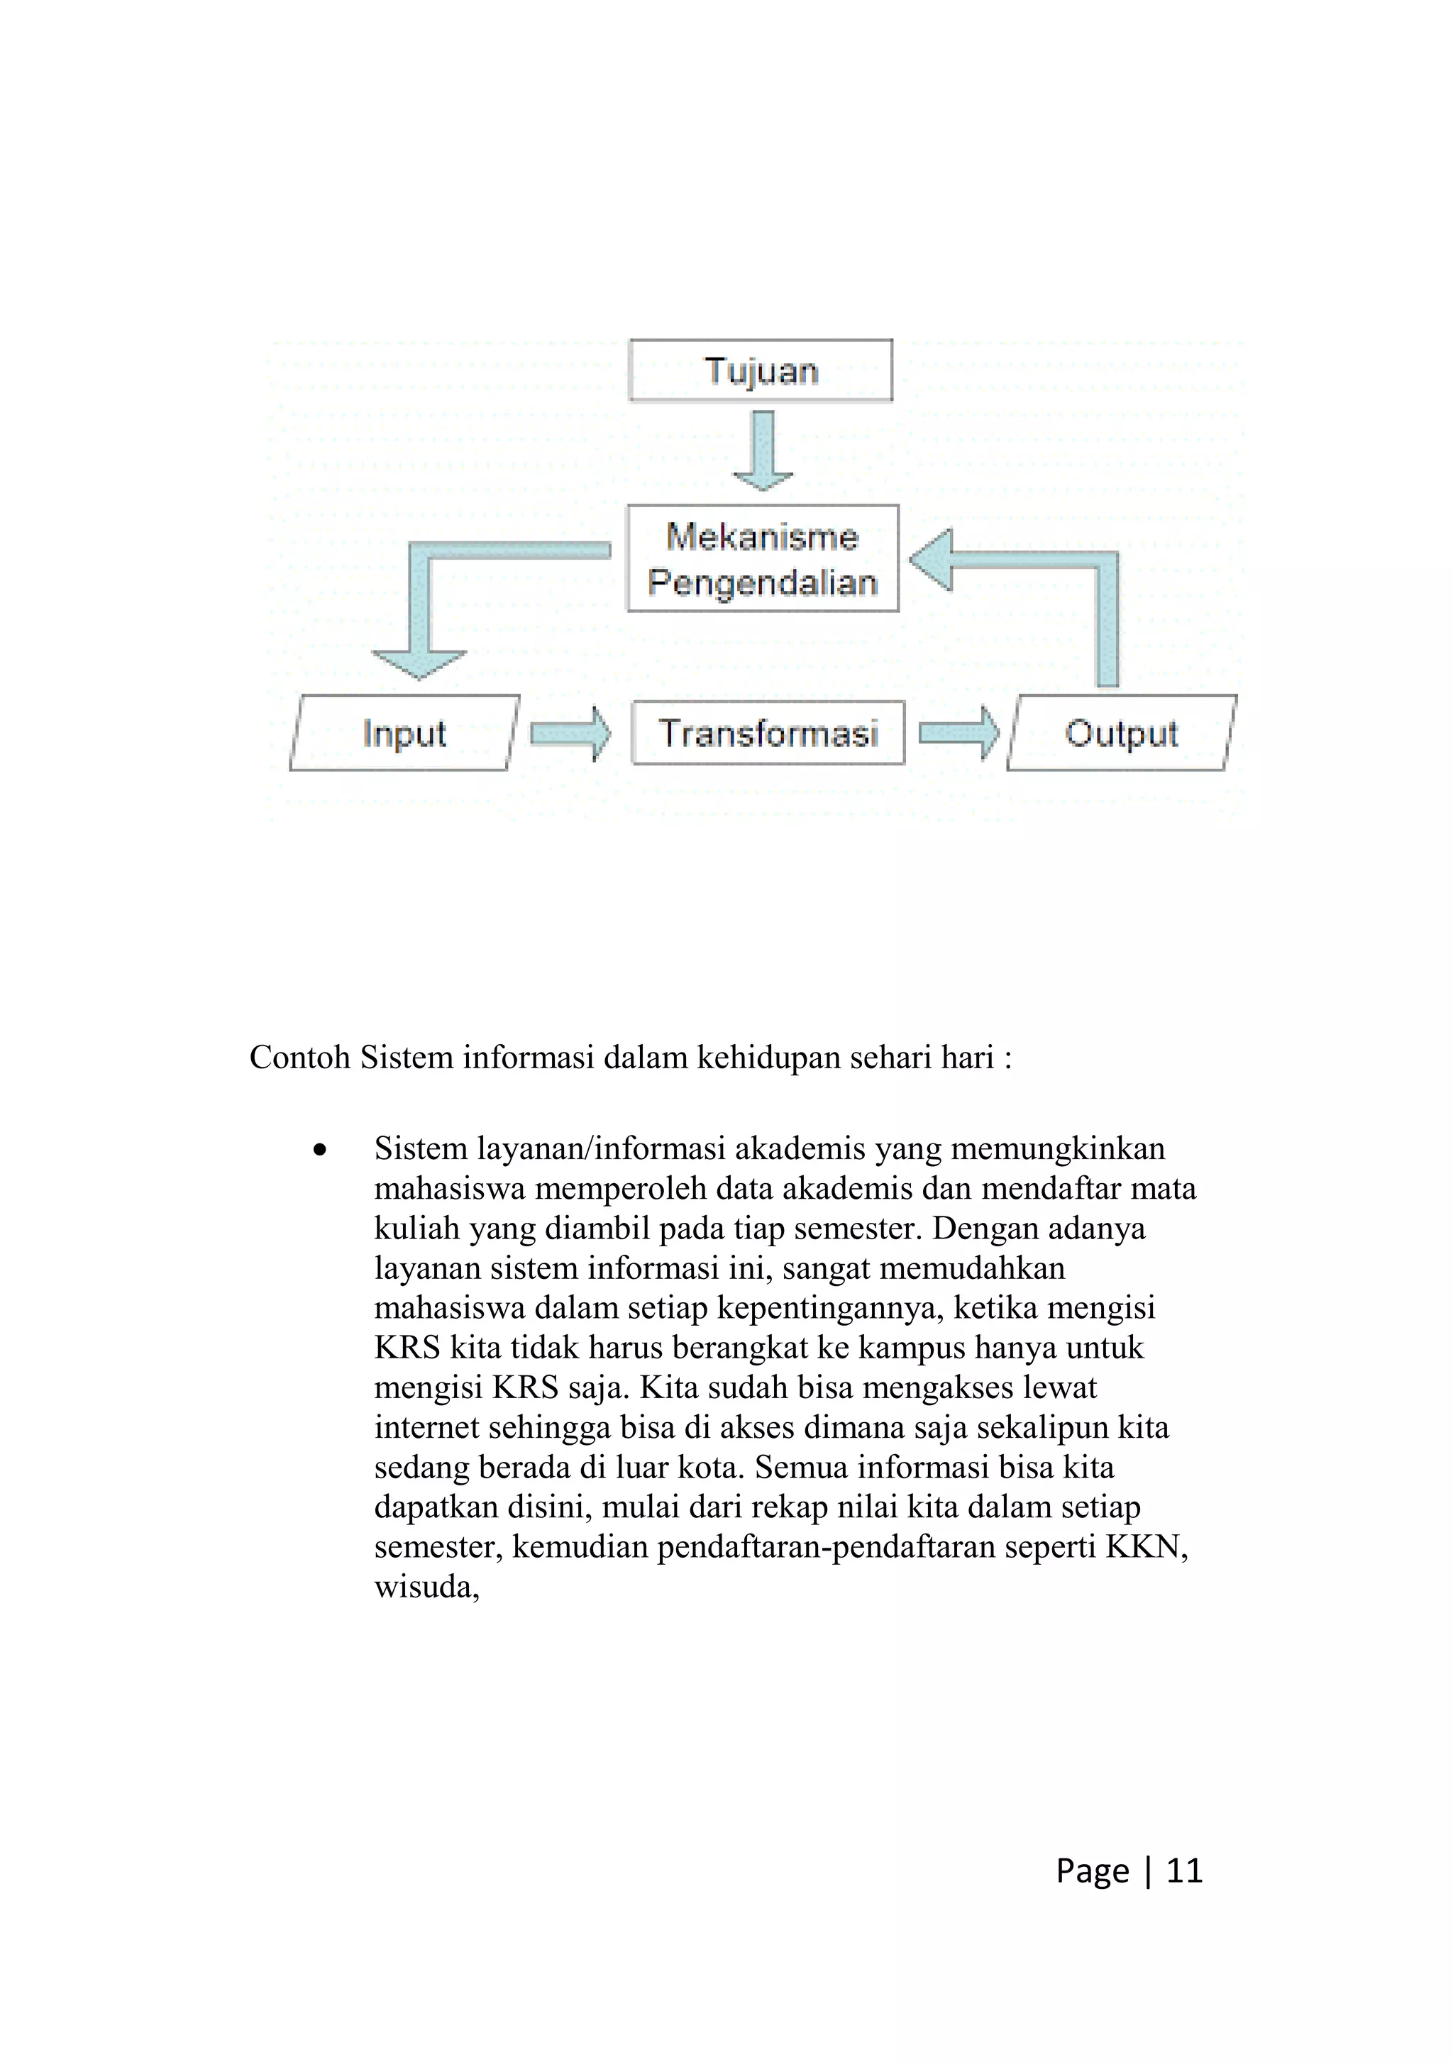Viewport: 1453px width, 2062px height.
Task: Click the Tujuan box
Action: click(x=761, y=370)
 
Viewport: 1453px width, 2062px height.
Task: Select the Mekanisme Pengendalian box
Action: click(x=763, y=559)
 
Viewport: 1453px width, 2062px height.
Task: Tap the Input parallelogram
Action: click(x=404, y=733)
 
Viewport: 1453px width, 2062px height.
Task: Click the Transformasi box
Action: click(x=768, y=733)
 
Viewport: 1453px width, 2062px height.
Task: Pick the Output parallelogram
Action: click(x=1121, y=733)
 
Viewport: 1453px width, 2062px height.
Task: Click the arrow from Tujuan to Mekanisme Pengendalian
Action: click(x=763, y=450)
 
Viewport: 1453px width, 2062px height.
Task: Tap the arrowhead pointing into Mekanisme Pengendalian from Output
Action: click(x=932, y=560)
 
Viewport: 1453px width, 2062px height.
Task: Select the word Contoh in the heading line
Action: click(x=300, y=1057)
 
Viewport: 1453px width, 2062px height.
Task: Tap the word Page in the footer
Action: click(x=1092, y=1870)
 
